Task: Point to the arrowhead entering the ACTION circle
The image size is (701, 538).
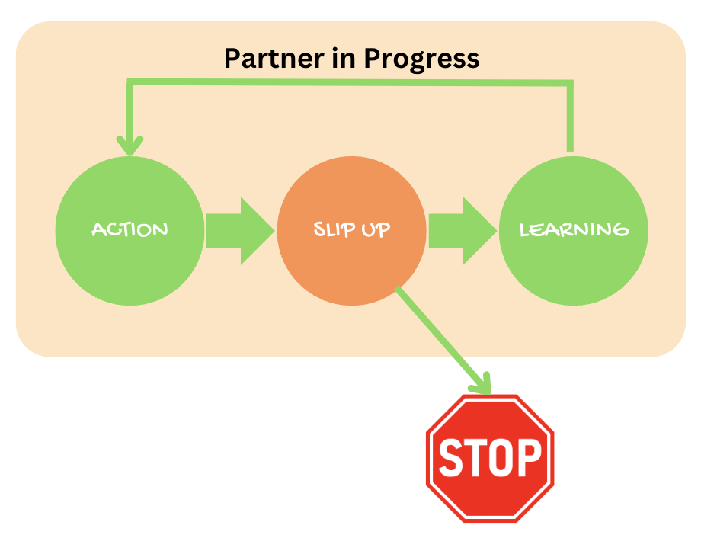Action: pos(130,144)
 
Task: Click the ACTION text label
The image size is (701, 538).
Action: pos(130,229)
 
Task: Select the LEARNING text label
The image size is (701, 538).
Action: pos(574,229)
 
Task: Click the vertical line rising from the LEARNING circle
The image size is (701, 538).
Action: pos(568,114)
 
